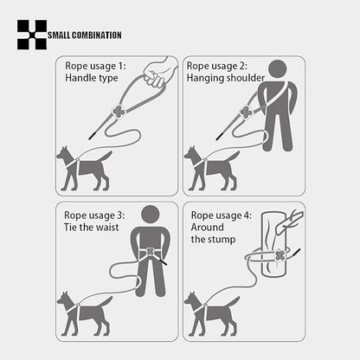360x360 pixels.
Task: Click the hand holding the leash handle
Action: click(x=157, y=73)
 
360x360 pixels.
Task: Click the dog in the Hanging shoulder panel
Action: click(x=209, y=168)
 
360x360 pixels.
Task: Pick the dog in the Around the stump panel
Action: click(x=209, y=312)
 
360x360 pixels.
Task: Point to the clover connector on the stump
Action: click(x=280, y=256)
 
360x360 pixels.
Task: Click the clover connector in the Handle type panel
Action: click(x=119, y=112)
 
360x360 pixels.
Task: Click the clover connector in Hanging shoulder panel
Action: click(x=245, y=112)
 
